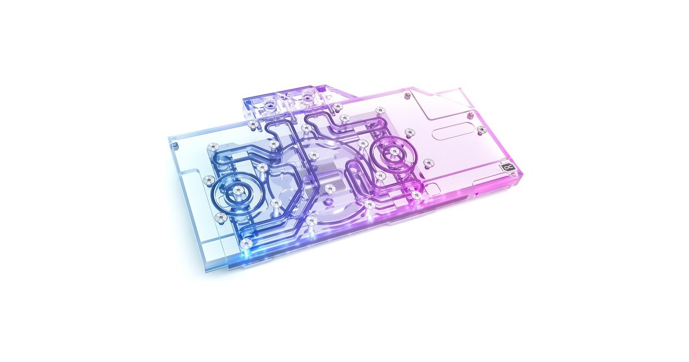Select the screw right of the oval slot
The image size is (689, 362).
pos(481,130)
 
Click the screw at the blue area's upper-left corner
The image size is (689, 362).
pos(213,146)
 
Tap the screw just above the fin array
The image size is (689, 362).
pos(313,154)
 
